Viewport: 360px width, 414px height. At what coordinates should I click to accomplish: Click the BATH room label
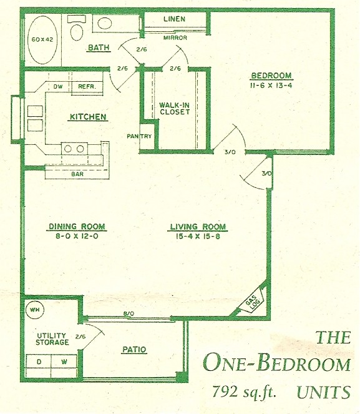99,47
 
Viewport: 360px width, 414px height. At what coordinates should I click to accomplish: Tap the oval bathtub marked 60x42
42,39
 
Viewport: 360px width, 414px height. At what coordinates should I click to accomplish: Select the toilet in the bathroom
77,27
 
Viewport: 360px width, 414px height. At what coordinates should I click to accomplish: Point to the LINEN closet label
174,19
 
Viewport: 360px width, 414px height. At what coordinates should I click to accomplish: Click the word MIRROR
175,37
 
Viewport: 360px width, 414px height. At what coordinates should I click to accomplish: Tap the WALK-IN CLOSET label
175,109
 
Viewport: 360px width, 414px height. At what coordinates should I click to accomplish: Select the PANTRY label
139,136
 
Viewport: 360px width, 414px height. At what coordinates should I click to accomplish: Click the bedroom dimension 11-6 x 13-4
271,86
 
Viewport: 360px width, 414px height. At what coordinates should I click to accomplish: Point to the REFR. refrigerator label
87,86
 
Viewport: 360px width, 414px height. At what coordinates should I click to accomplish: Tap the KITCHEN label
88,117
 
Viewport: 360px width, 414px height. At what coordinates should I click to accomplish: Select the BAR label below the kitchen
77,174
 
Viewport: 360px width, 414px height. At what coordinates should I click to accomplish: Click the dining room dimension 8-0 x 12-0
77,236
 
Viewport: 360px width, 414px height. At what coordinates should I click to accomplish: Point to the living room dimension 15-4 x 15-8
198,236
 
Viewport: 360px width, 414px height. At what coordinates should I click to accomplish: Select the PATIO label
134,350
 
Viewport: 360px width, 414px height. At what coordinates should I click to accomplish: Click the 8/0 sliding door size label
129,313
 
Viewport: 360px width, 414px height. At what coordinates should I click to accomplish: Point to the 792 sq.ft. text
244,392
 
